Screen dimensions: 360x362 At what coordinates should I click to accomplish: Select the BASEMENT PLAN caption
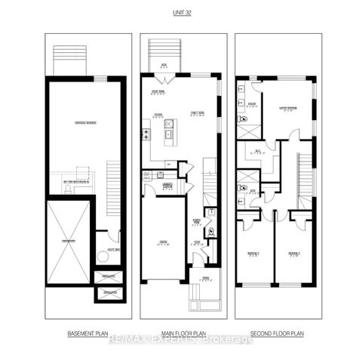pos(85,331)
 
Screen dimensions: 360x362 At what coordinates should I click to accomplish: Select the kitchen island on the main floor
pos(169,130)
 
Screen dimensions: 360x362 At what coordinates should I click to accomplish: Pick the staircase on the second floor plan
pos(305,177)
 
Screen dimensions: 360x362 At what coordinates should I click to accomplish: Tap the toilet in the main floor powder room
pos(211,232)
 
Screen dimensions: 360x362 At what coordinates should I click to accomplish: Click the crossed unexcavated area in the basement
pos(69,242)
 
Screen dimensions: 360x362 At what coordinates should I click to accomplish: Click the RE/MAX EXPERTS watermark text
pos(181,340)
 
